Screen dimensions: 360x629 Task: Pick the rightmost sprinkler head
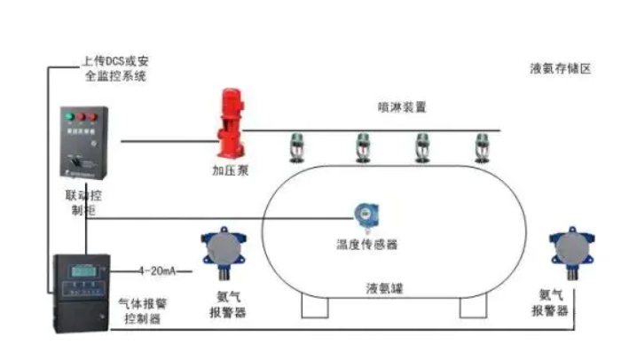pos(481,147)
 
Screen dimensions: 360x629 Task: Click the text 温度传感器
pos(367,243)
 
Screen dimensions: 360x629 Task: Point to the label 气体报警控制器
pos(142,310)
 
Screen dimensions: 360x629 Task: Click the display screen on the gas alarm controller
pos(83,270)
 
